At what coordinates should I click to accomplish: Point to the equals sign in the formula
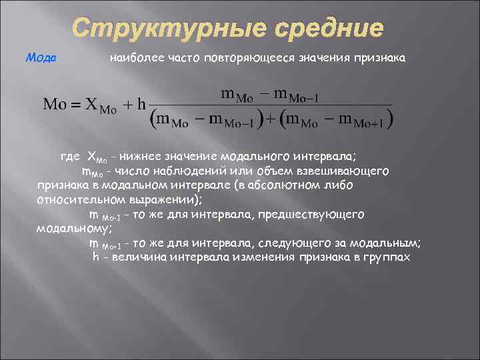[74, 105]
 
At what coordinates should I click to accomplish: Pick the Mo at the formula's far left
[53, 105]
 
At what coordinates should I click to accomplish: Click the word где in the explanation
[70, 157]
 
